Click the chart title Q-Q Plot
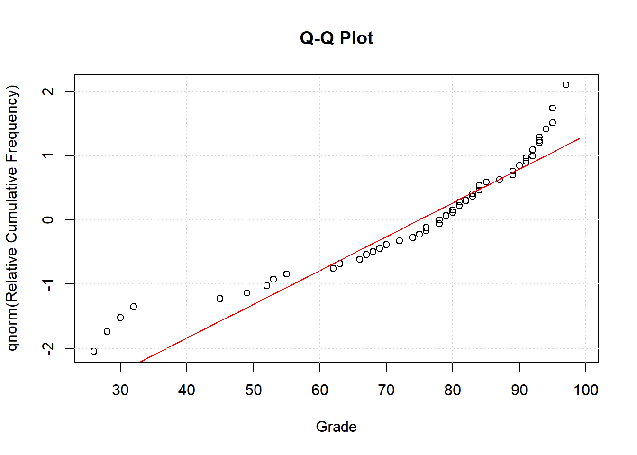(x=337, y=38)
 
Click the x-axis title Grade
(x=336, y=427)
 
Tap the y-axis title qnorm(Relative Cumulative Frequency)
(x=13, y=218)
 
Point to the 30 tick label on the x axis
(x=120, y=390)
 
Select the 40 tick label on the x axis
(x=187, y=390)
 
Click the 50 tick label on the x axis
(x=254, y=390)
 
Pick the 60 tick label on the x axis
(x=320, y=390)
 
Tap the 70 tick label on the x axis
(x=386, y=390)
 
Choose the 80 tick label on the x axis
(x=453, y=390)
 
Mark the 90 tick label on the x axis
(x=519, y=390)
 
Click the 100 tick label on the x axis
(x=586, y=390)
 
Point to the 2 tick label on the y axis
(x=48, y=91)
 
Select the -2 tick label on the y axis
(x=48, y=348)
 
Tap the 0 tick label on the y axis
(x=48, y=220)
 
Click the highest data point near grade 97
(x=566, y=85)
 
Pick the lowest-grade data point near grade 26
(x=94, y=351)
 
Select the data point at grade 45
(x=220, y=299)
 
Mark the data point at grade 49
(x=247, y=293)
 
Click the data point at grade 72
(x=400, y=241)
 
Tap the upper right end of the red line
(x=579, y=139)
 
